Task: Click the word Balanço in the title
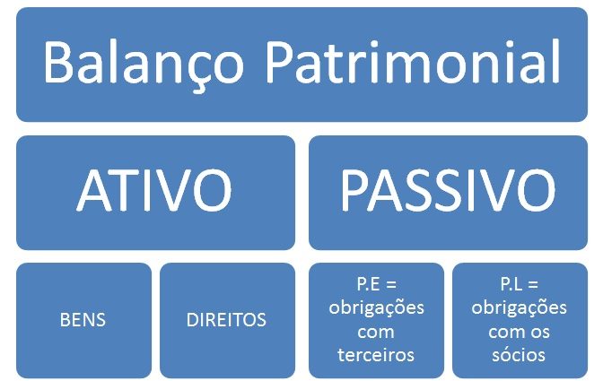point(144,64)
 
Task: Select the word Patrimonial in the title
point(413,62)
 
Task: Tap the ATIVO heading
point(154,191)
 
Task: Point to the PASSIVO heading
point(448,191)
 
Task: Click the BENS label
point(83,320)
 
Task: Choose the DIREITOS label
point(226,320)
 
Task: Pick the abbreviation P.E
point(368,284)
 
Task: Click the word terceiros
point(376,355)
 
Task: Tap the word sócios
point(519,355)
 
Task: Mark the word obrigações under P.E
point(377,308)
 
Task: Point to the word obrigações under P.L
point(520,308)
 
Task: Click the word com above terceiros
point(376,333)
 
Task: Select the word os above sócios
point(540,333)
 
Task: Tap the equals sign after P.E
point(390,284)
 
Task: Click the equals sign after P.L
point(533,284)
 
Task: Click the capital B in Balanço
point(58,62)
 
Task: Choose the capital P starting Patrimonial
point(280,62)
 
